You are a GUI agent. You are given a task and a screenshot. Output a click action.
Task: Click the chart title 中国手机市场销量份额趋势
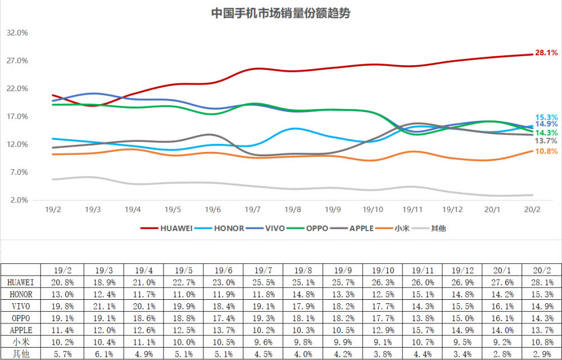pos(280,13)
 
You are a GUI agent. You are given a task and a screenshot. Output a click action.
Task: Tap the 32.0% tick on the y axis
pos(17,33)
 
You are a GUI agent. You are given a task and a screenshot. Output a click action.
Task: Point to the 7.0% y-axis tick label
pos(17,172)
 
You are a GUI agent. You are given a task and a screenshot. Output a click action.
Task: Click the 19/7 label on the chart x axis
pos(252,209)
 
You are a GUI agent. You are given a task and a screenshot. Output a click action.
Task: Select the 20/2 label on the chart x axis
pos(532,209)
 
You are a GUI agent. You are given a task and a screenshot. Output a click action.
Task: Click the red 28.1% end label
pos(546,53)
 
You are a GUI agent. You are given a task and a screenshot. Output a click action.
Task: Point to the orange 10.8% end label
pos(546,151)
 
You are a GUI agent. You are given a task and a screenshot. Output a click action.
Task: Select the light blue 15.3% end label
pos(546,118)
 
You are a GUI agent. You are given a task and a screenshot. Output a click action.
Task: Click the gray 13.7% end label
pos(546,141)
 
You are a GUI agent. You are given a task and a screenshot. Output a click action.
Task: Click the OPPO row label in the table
pos(21,318)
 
